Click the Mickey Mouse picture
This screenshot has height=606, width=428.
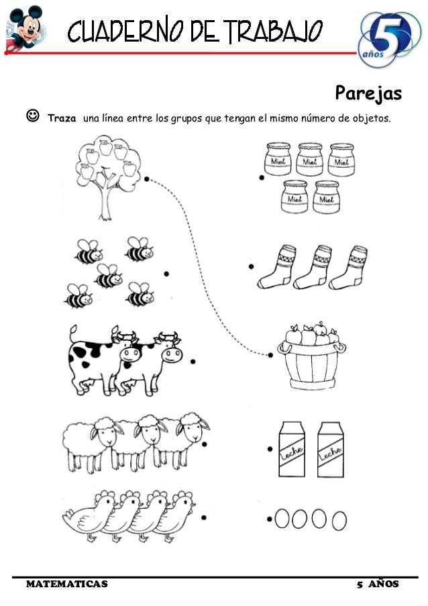(x=25, y=28)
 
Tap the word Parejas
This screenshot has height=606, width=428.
(x=368, y=93)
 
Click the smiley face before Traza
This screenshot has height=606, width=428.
(x=33, y=115)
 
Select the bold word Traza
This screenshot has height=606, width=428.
(x=62, y=118)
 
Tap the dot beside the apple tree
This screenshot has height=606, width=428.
(x=146, y=179)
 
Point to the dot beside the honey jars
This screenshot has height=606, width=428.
(x=262, y=178)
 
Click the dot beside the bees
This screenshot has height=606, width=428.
(x=166, y=274)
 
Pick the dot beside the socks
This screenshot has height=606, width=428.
(x=251, y=266)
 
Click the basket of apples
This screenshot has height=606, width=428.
(x=311, y=356)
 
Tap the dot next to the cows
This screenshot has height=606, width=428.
(x=193, y=361)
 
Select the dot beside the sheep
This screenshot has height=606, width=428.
(x=205, y=444)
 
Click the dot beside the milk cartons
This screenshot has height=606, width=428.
(x=270, y=449)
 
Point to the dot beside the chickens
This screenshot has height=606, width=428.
(x=203, y=517)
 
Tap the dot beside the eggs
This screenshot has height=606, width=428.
(x=269, y=519)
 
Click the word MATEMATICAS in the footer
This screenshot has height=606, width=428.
(x=67, y=584)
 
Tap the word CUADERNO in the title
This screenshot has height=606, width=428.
(x=125, y=31)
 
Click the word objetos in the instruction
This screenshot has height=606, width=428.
(x=371, y=118)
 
